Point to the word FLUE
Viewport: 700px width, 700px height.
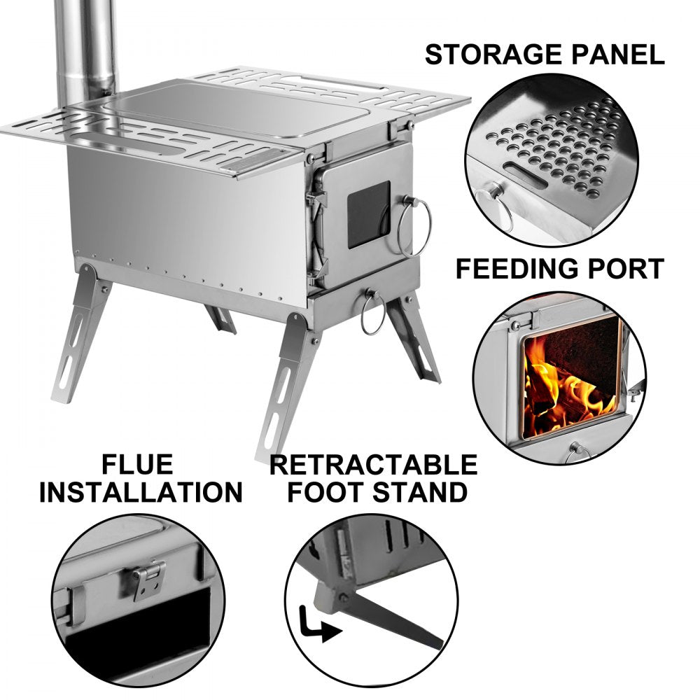click(137, 464)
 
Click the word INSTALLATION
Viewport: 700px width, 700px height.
click(140, 492)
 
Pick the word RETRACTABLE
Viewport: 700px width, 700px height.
click(373, 464)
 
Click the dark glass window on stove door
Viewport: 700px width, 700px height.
click(369, 213)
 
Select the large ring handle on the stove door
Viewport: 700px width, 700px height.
click(414, 225)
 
